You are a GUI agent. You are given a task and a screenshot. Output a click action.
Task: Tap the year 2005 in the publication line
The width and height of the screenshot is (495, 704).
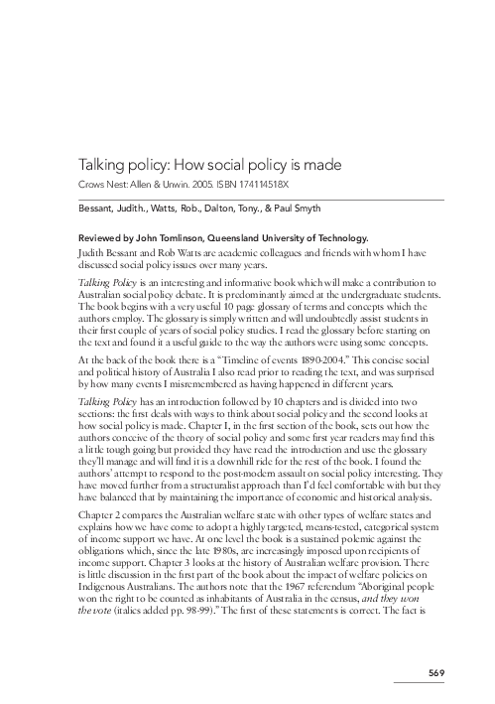198,185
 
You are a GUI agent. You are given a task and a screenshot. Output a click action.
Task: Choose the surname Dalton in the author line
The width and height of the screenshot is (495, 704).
247,208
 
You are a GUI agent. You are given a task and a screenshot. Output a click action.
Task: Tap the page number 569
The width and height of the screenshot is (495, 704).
436,675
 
